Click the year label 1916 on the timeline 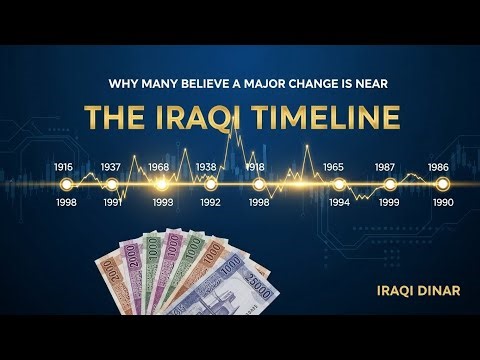[x=64, y=167]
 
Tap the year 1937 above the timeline [x=111, y=167]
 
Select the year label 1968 [x=159, y=167]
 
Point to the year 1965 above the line [x=334, y=167]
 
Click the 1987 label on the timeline [x=385, y=167]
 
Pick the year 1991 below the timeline [x=112, y=201]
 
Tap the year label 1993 [x=162, y=202]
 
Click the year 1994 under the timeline [x=340, y=201]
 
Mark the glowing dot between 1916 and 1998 [x=67, y=184]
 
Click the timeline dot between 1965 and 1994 [x=339, y=184]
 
